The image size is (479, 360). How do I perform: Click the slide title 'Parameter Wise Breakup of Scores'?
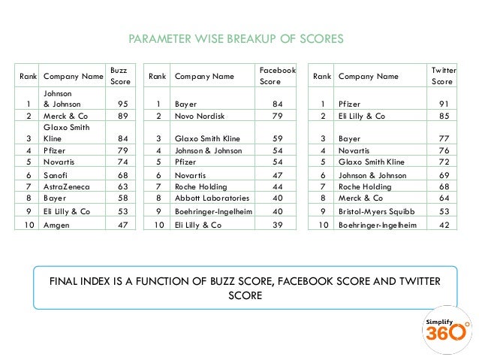pos(236,38)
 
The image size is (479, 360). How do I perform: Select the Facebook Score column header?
pos(277,75)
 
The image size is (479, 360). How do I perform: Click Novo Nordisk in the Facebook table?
pos(198,116)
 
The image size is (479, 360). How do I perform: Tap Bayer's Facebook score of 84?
pos(277,104)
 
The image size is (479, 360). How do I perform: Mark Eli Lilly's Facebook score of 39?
pos(277,225)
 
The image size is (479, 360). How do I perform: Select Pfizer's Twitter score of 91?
pos(444,104)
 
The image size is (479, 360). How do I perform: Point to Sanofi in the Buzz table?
pos(56,173)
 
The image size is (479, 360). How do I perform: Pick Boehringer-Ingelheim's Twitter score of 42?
pos(444,225)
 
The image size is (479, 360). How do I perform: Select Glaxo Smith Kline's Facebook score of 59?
pos(277,138)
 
